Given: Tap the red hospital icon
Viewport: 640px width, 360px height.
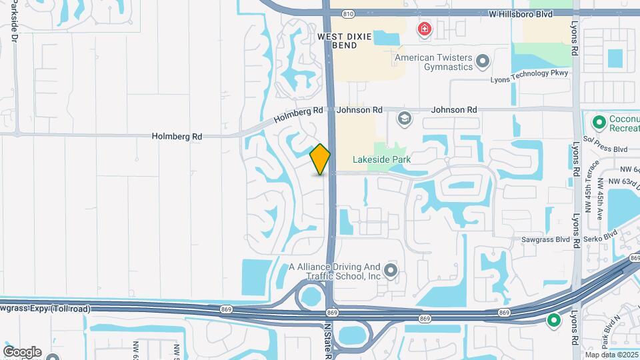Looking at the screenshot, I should point(423,29).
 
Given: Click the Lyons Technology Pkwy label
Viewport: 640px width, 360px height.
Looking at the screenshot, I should point(529,79).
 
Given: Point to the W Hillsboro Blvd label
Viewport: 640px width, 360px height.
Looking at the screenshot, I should point(521,13).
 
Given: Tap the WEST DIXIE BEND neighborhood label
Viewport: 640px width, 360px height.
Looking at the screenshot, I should point(345,41).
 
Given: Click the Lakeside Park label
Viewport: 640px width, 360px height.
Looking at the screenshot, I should point(382,160).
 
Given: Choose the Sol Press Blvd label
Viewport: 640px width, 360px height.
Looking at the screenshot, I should point(606,149).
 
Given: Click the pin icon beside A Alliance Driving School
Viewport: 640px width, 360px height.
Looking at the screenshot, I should point(391,271).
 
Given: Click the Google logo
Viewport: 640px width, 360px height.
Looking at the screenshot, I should point(22,351).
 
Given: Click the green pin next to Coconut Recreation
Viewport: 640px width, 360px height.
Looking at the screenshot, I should point(598,122).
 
